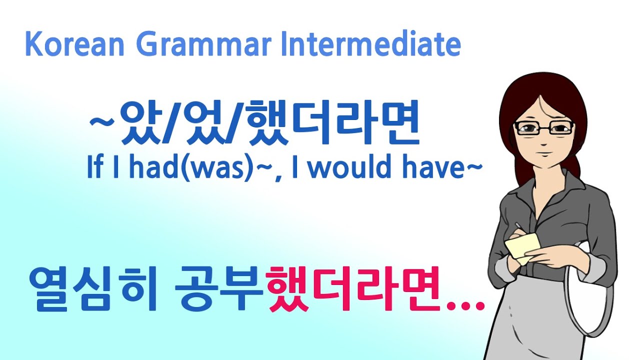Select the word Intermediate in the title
[x=370, y=44]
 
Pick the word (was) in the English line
[x=227, y=168]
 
